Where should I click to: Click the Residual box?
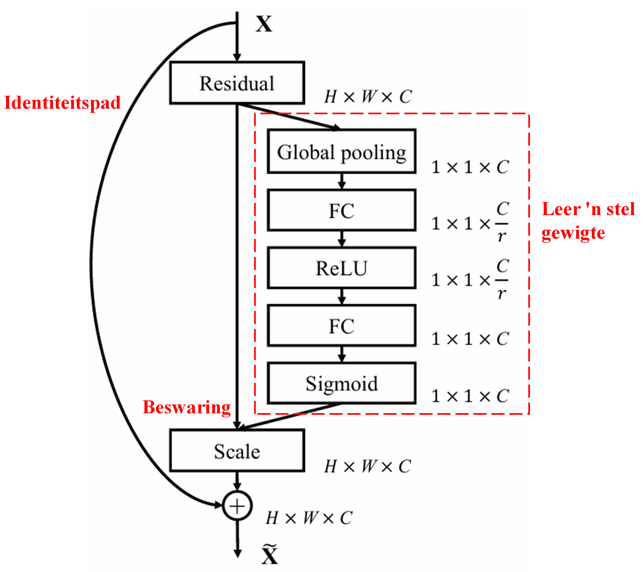click(237, 83)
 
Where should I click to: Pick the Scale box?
click(237, 451)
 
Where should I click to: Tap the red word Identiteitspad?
click(62, 103)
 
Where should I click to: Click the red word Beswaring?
click(187, 407)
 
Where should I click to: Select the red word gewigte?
click(573, 233)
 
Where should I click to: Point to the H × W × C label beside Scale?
click(367, 466)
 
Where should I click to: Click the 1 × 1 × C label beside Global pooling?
click(470, 167)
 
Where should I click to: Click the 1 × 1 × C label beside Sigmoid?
click(470, 396)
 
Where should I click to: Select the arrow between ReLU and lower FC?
click(342, 296)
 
